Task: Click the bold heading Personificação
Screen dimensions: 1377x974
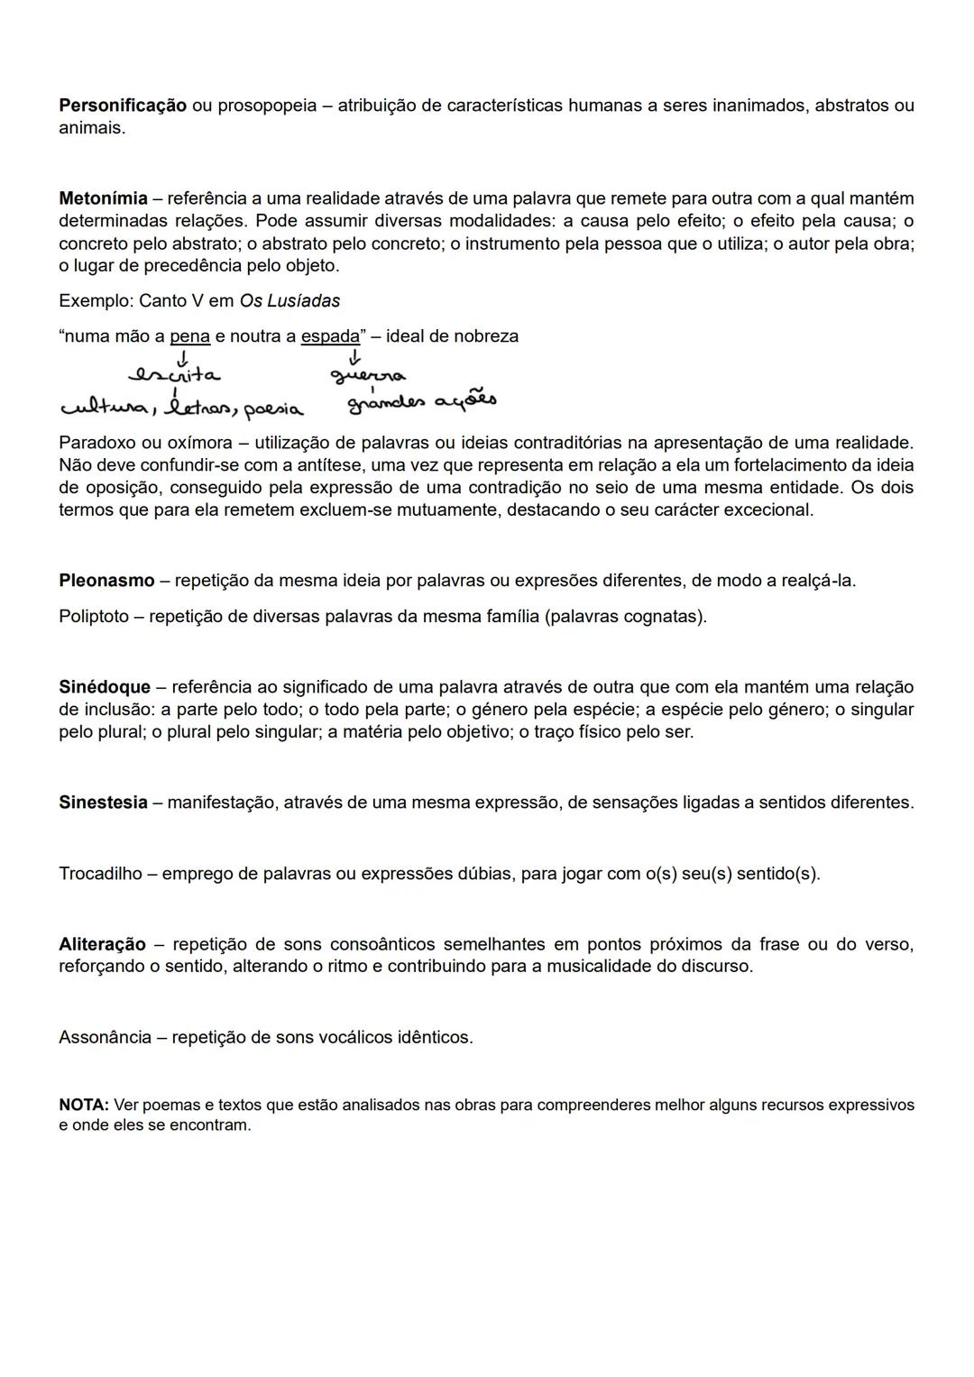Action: (123, 106)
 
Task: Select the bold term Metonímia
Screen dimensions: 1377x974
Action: (103, 198)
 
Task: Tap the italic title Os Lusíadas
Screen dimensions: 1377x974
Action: (289, 301)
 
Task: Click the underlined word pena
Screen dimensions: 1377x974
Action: (189, 336)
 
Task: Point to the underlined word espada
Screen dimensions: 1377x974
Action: (330, 336)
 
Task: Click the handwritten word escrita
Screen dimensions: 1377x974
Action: (175, 373)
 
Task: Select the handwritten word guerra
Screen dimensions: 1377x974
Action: (367, 375)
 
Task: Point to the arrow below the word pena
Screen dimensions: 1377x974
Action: (184, 357)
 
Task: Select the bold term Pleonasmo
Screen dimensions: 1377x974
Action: (106, 581)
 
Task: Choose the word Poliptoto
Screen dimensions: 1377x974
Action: (94, 617)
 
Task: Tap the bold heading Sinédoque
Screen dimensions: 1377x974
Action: (105, 688)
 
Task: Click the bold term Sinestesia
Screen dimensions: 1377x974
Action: (103, 803)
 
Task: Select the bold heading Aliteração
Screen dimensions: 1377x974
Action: (102, 945)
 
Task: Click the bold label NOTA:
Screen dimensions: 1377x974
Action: (84, 1106)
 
